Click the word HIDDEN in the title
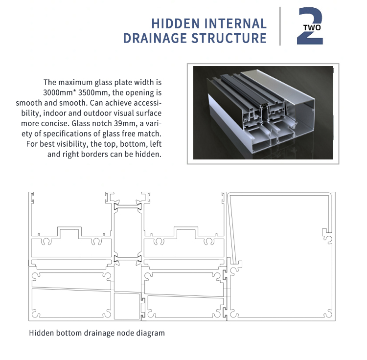[x=176, y=23]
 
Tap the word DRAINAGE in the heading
[x=155, y=38]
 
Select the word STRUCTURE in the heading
[x=229, y=38]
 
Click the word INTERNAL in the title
[x=235, y=23]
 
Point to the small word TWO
[x=312, y=28]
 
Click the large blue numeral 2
[x=310, y=26]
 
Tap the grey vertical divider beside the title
[x=280, y=26]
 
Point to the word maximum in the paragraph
[x=75, y=82]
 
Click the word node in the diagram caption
[x=126, y=333]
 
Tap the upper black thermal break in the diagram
[x=128, y=207]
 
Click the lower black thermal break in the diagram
[x=128, y=258]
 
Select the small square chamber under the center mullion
[x=127, y=306]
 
